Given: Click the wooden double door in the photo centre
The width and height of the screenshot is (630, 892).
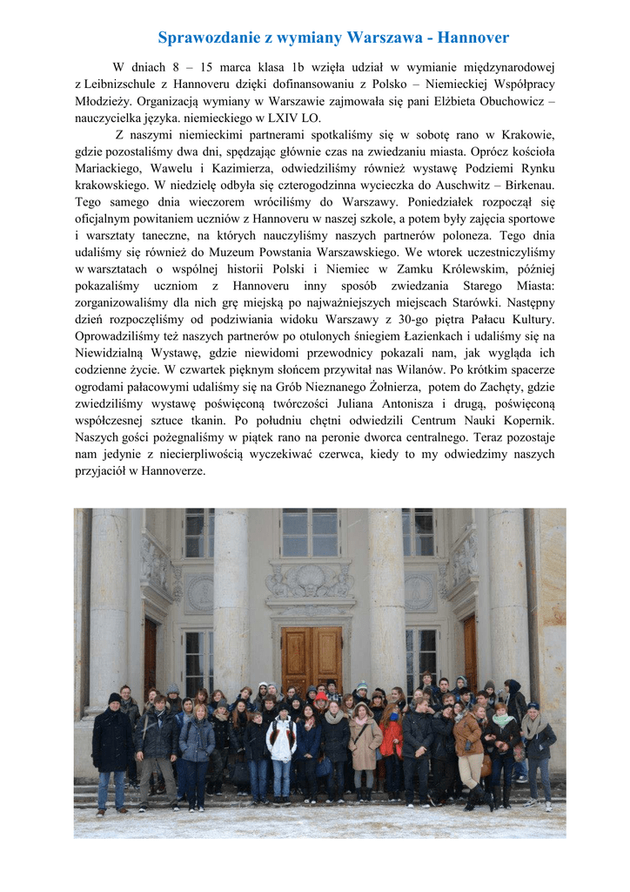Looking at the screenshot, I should coord(312,658).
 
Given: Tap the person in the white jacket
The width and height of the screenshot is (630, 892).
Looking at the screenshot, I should coord(281,740).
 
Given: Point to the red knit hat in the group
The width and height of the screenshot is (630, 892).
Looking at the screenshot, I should coord(321,696).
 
